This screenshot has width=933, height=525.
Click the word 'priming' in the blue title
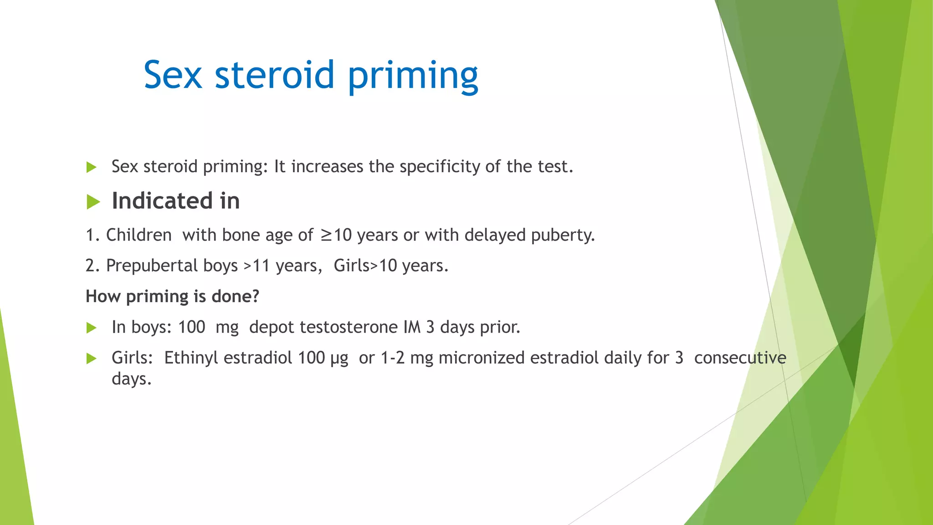[413, 76]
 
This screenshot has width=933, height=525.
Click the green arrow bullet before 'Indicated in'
[93, 201]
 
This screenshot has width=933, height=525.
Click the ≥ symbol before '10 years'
[326, 235]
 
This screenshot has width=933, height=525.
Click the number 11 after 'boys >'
[261, 266]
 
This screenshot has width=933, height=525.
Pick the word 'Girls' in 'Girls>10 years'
[351, 266]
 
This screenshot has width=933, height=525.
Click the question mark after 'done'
[256, 297]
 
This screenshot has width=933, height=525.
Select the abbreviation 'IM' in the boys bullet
[412, 327]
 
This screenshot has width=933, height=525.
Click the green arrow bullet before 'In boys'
[92, 328]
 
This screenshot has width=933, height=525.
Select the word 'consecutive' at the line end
[740, 358]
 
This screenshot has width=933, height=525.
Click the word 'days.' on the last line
[131, 379]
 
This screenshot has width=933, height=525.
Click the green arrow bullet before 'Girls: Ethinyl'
[92, 359]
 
